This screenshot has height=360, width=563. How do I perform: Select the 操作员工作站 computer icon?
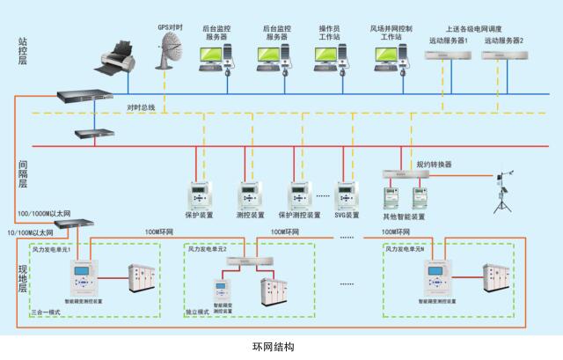330,56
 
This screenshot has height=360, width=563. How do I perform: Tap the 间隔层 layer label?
23,172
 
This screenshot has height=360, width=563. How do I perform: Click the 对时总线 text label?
141,107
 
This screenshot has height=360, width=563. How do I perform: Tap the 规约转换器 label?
434,165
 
